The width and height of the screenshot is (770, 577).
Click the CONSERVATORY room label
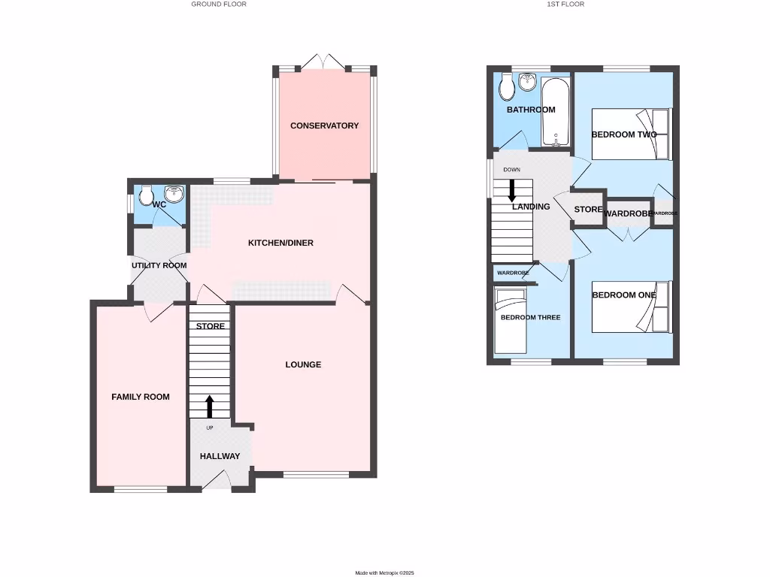324,125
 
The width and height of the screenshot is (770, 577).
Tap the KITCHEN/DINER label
280,243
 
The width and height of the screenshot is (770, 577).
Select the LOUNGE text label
303,364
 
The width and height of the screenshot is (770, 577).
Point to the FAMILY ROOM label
141,397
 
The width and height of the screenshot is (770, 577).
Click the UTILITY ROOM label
159,265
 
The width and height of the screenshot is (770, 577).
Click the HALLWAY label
220,456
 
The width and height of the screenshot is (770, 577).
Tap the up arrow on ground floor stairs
210,406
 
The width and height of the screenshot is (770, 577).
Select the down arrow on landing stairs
513,189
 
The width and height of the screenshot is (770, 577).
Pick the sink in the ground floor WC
174,195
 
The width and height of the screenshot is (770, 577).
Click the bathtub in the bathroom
555,112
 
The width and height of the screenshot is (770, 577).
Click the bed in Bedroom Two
630,134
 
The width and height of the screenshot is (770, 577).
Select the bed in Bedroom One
630,307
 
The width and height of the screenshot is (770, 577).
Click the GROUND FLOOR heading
218,5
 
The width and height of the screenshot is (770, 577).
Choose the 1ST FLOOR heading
565,5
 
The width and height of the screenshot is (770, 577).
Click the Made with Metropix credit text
385,572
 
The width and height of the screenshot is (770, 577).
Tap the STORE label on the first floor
588,209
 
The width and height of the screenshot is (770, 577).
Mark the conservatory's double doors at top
324,63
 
